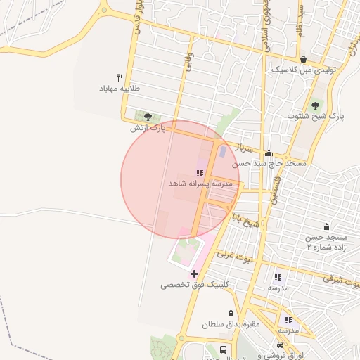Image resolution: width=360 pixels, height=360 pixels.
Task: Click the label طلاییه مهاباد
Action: tap(120, 89)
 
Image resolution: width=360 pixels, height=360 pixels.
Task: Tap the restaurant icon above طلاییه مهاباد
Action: tap(120, 78)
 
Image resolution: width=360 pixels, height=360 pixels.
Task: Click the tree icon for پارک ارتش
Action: tap(147, 117)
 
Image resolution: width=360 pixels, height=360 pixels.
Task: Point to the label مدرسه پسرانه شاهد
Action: tap(200, 183)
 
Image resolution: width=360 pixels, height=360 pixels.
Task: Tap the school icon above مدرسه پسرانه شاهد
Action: tap(200, 172)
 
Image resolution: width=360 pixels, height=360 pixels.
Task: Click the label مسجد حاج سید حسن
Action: tap(270, 163)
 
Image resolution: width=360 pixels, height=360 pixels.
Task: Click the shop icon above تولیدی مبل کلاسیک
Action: tap(303, 60)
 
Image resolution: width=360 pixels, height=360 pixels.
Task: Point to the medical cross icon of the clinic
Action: tap(194, 274)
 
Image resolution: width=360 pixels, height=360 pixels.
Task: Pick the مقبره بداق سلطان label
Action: tap(231, 324)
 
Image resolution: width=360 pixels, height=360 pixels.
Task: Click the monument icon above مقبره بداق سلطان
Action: tap(231, 313)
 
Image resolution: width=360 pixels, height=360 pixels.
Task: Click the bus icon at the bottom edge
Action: tap(223, 349)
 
